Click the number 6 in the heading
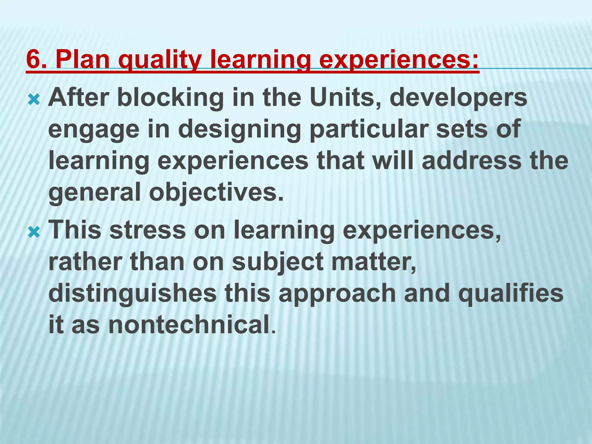pyautogui.click(x=33, y=59)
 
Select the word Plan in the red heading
pyautogui.click(x=82, y=59)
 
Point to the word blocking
pyautogui.click(x=171, y=98)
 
